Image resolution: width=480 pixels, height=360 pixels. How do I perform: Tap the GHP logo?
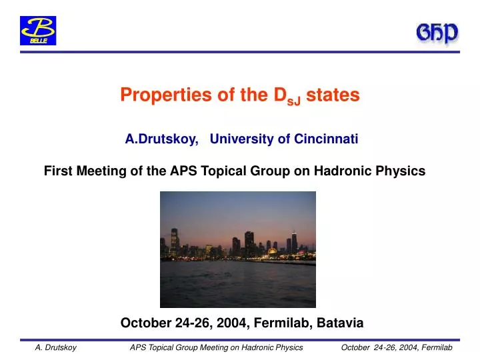[x=437, y=34]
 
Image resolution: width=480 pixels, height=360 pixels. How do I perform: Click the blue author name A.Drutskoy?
[x=161, y=139]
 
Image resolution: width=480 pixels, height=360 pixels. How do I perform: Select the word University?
[x=239, y=139]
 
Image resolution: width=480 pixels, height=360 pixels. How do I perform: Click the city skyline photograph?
[x=238, y=249]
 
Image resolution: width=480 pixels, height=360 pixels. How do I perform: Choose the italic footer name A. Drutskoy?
[x=55, y=348]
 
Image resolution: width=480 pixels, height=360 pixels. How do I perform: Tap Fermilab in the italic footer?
[x=437, y=348]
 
